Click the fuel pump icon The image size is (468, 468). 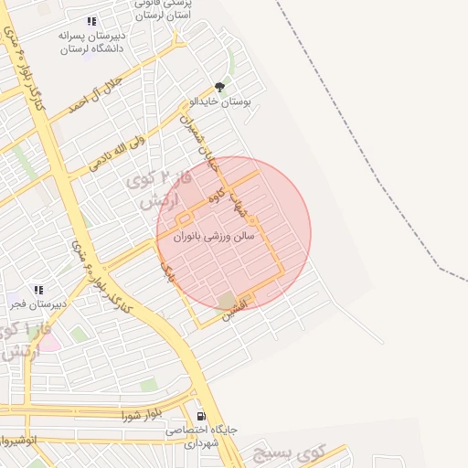coord(201,416)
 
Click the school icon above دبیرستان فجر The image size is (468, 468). coord(37,290)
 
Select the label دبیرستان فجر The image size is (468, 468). coord(37,307)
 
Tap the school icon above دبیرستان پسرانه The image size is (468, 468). coord(90,21)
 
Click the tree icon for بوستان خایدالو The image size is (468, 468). coord(218,86)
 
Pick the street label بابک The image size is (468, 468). coord(165,268)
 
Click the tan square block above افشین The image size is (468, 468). coord(226,300)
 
